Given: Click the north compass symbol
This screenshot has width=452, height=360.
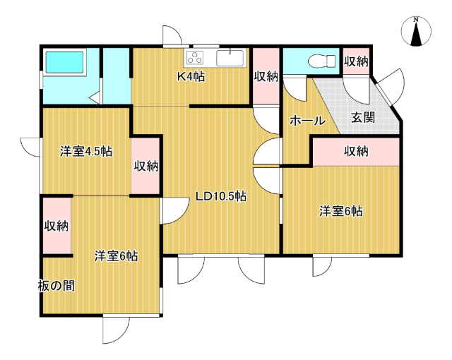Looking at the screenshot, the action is click(416, 31).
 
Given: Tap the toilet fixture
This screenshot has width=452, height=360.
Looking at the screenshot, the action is click(322, 61).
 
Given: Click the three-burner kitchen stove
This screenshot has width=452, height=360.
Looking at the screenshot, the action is click(195, 57).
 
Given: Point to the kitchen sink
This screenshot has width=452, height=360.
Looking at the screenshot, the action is click(230, 58).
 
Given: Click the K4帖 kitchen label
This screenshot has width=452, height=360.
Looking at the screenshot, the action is click(191, 77).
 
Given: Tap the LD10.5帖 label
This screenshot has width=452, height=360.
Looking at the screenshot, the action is click(221, 196).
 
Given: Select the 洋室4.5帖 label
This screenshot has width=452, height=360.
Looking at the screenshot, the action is click(86, 151).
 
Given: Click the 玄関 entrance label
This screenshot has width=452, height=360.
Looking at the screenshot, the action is click(363, 117).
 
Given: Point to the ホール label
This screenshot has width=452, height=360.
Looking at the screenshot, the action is click(307, 121).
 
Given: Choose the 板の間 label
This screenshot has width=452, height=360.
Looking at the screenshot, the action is click(56, 286).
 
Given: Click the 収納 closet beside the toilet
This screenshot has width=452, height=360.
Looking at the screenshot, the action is click(356, 61).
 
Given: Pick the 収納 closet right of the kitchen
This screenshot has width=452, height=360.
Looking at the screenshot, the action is click(266, 77).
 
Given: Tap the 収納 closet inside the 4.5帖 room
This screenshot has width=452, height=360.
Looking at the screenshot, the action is click(146, 166).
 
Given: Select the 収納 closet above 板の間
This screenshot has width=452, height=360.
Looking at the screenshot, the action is click(56, 226).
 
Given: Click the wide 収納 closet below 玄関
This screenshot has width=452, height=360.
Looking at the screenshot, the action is click(356, 152).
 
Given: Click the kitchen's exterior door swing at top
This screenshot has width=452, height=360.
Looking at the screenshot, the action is click(172, 36).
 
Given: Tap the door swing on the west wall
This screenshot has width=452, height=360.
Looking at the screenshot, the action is click(30, 147).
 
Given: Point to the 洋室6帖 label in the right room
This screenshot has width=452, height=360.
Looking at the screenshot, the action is click(341, 211).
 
